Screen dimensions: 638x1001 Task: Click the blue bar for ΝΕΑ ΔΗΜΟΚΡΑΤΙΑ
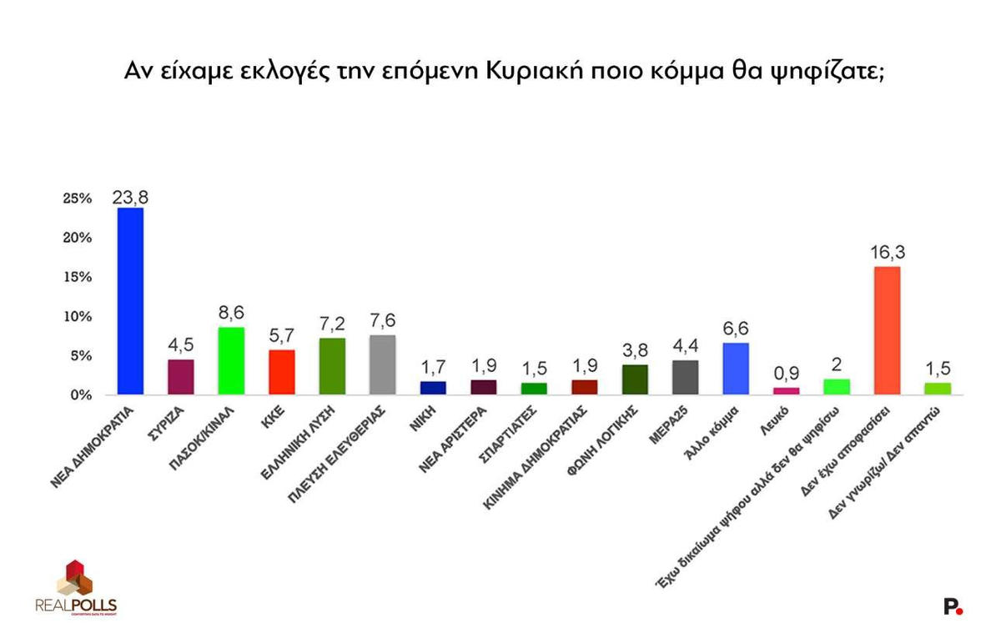(x=130, y=301)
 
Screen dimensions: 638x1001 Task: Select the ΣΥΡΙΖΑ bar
(x=181, y=377)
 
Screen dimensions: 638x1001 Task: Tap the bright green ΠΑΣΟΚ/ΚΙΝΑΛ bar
(x=231, y=361)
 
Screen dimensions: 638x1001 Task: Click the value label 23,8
(x=131, y=197)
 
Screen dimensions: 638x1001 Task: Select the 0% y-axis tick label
(x=79, y=395)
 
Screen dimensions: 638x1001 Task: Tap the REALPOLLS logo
(x=76, y=588)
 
